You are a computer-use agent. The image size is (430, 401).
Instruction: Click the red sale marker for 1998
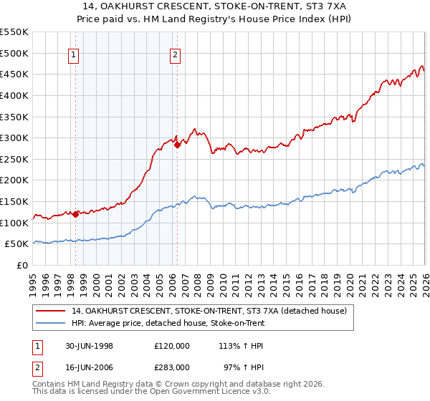pyautogui.click(x=76, y=214)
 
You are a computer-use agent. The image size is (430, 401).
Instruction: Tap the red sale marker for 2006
pyautogui.click(x=177, y=145)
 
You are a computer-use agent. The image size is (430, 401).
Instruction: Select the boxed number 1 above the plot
pyautogui.click(x=75, y=53)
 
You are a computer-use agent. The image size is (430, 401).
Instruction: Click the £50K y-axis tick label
pyautogui.click(x=16, y=244)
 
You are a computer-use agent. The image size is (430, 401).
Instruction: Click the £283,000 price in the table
pyautogui.click(x=172, y=367)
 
